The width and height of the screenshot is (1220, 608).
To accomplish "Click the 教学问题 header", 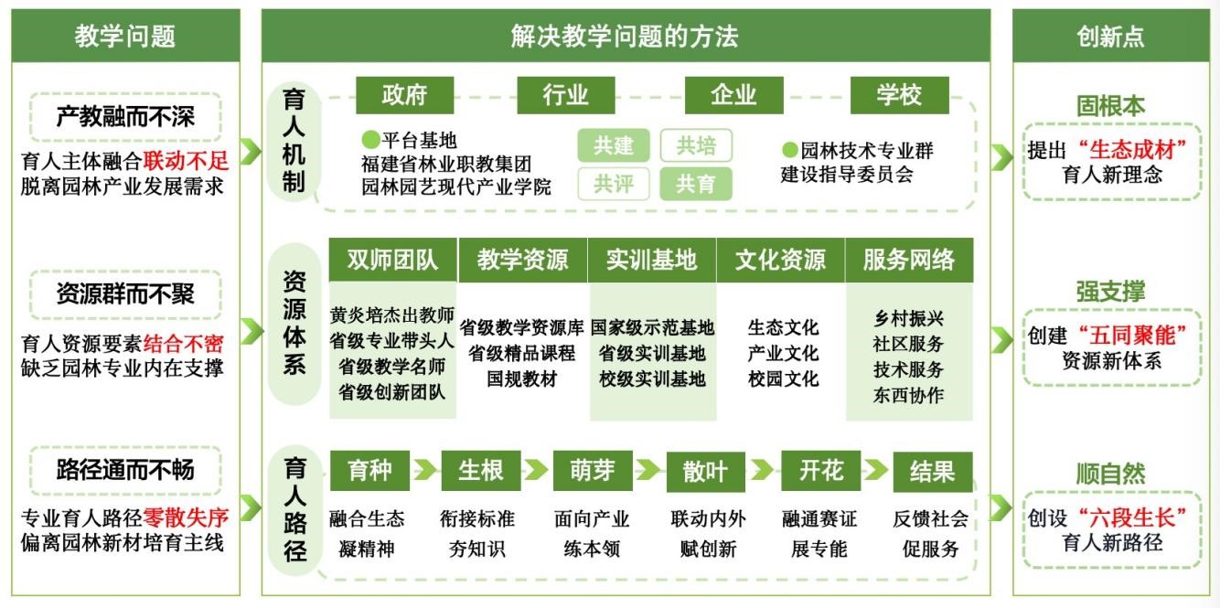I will [125, 36].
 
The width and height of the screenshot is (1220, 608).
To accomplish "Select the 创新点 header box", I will [1110, 36].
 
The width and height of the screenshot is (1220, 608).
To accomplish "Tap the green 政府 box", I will [405, 95].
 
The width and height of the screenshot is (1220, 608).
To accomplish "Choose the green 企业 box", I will [733, 95].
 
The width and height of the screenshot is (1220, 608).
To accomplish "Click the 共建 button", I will [613, 145].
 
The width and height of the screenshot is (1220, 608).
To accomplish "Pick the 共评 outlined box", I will [613, 184].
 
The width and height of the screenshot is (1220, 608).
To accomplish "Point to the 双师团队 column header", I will [392, 260].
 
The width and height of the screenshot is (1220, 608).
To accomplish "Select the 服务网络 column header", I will [909, 260].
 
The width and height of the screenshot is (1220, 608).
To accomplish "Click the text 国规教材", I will [521, 379].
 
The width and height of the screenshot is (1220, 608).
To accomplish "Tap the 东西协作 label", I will [908, 396].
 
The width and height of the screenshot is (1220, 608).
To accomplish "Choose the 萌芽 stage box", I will [593, 471].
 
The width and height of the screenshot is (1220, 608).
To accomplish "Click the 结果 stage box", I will [932, 471].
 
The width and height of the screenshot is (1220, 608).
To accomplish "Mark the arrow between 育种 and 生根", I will [424, 471].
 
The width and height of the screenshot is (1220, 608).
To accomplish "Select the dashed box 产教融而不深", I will [125, 116].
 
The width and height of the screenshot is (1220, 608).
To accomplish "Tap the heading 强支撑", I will [1110, 292].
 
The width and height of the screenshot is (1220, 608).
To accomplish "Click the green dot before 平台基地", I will [369, 140].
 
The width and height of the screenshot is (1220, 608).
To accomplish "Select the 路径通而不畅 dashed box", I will [125, 470].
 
